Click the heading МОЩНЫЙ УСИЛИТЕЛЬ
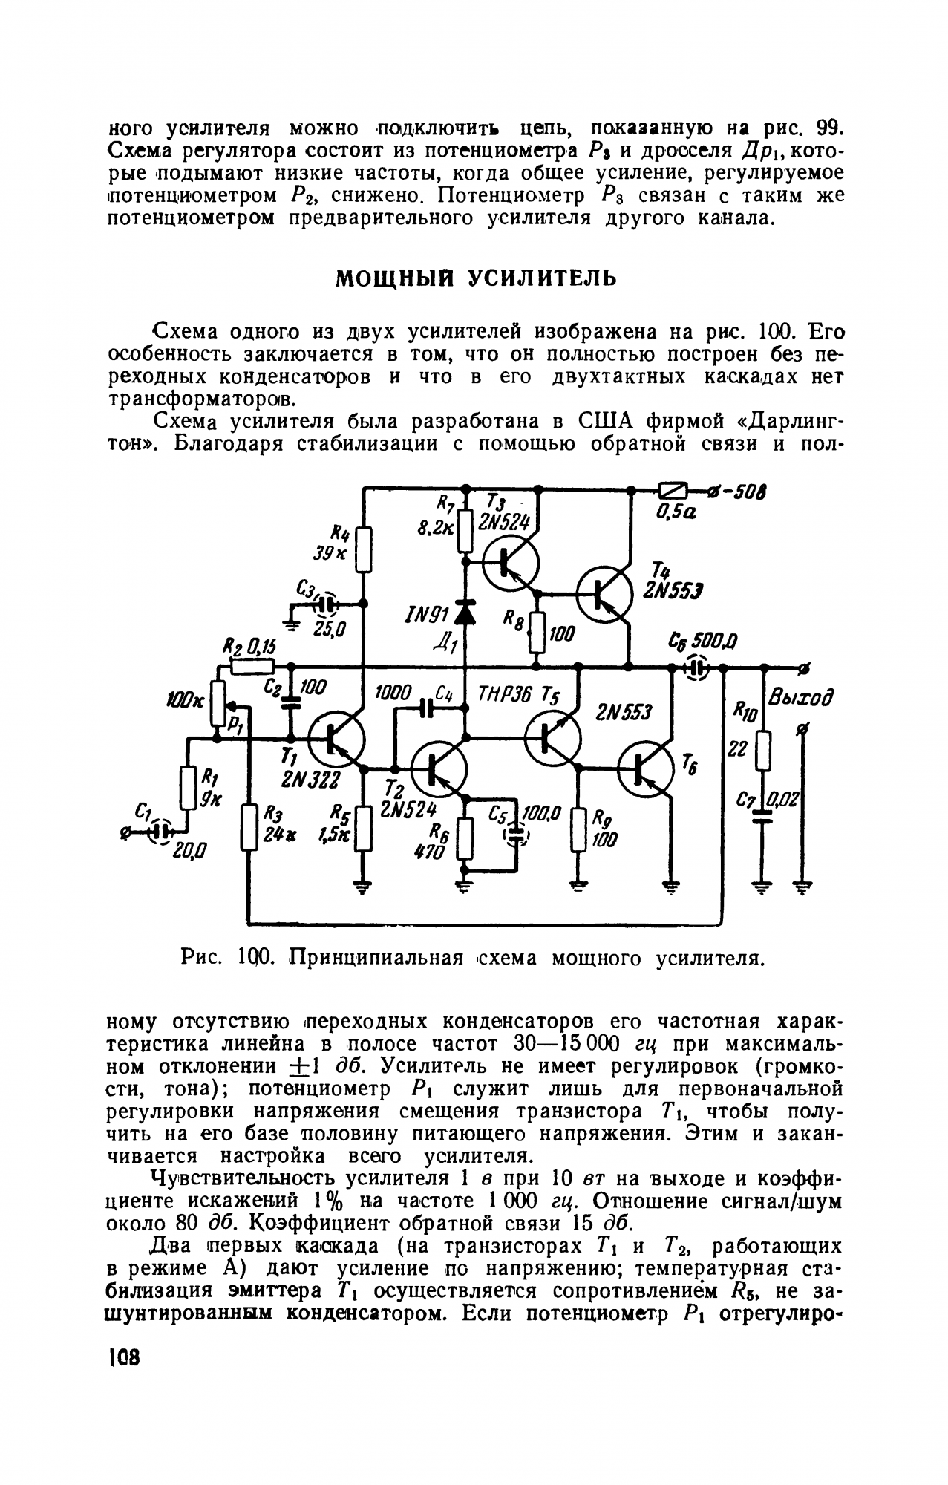[x=476, y=278]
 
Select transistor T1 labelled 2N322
[x=336, y=740]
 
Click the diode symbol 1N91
[x=465, y=612]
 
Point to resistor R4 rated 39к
[x=364, y=550]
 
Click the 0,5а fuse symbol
[x=673, y=490]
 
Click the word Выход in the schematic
[x=800, y=698]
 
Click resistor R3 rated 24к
[x=249, y=829]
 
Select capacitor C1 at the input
[x=159, y=829]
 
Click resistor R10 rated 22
[x=762, y=750]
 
